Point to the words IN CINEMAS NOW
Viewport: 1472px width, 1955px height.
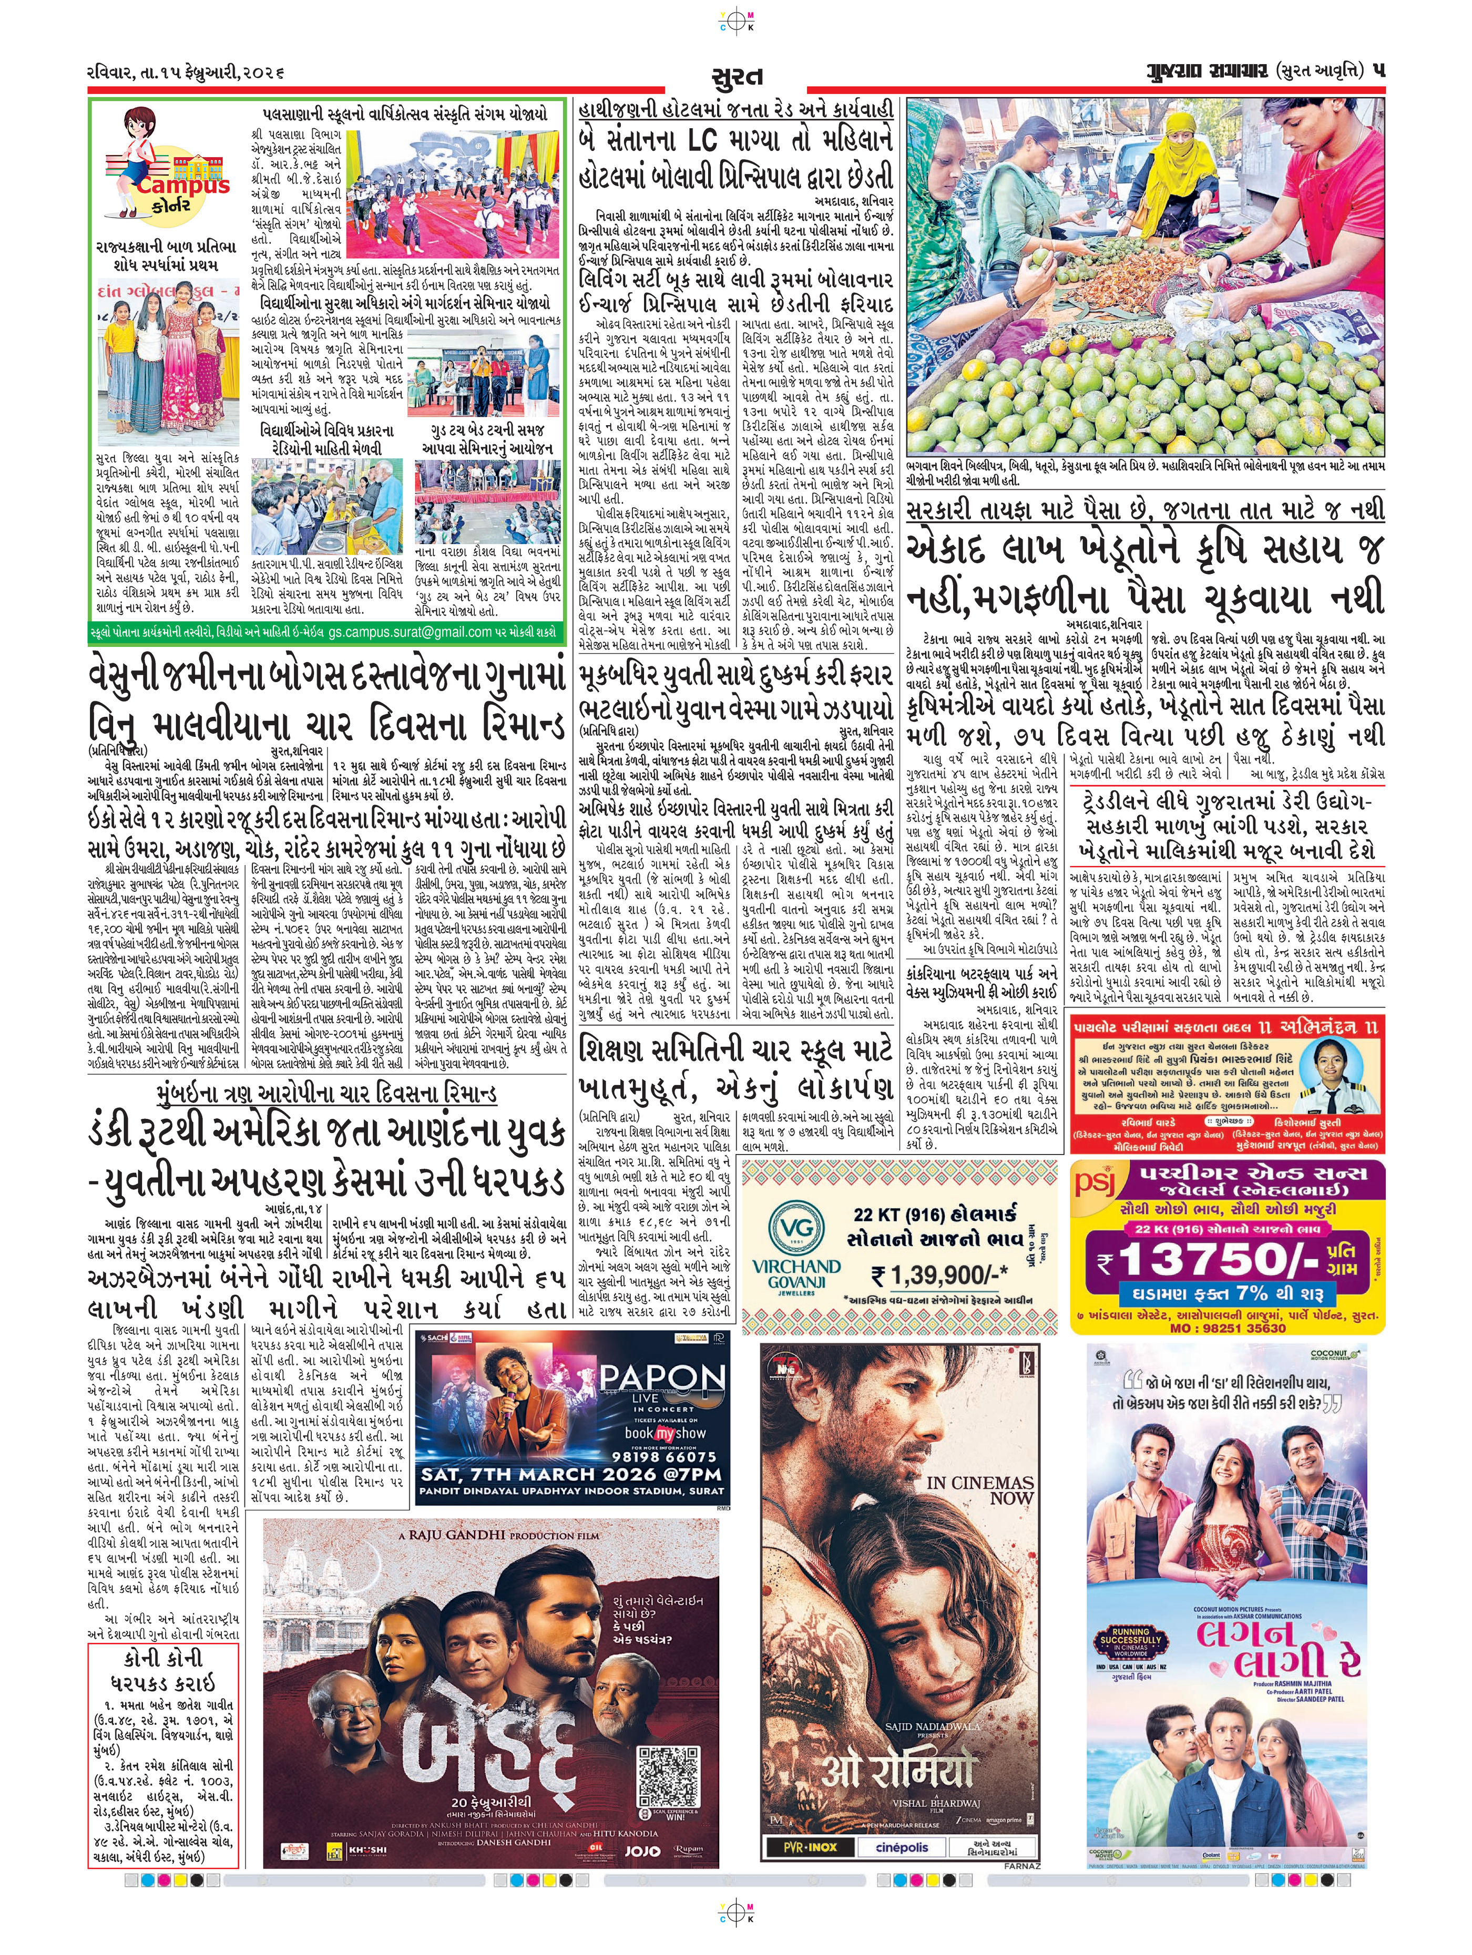click(979, 1490)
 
